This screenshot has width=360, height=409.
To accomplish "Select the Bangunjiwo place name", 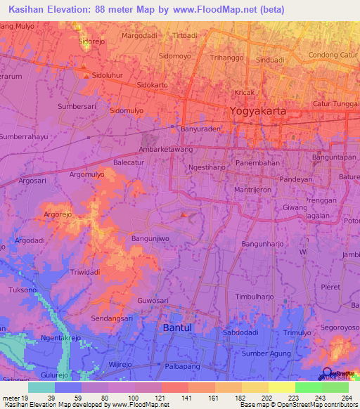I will (150, 239).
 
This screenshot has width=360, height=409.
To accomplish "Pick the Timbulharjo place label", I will (254, 297).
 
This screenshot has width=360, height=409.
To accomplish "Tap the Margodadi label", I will (141, 35).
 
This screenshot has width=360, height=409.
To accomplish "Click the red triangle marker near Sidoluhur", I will (85, 75).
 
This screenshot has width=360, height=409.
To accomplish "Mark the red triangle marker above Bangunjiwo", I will (184, 215).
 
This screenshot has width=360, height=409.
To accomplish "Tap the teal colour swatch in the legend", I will (41, 387).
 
